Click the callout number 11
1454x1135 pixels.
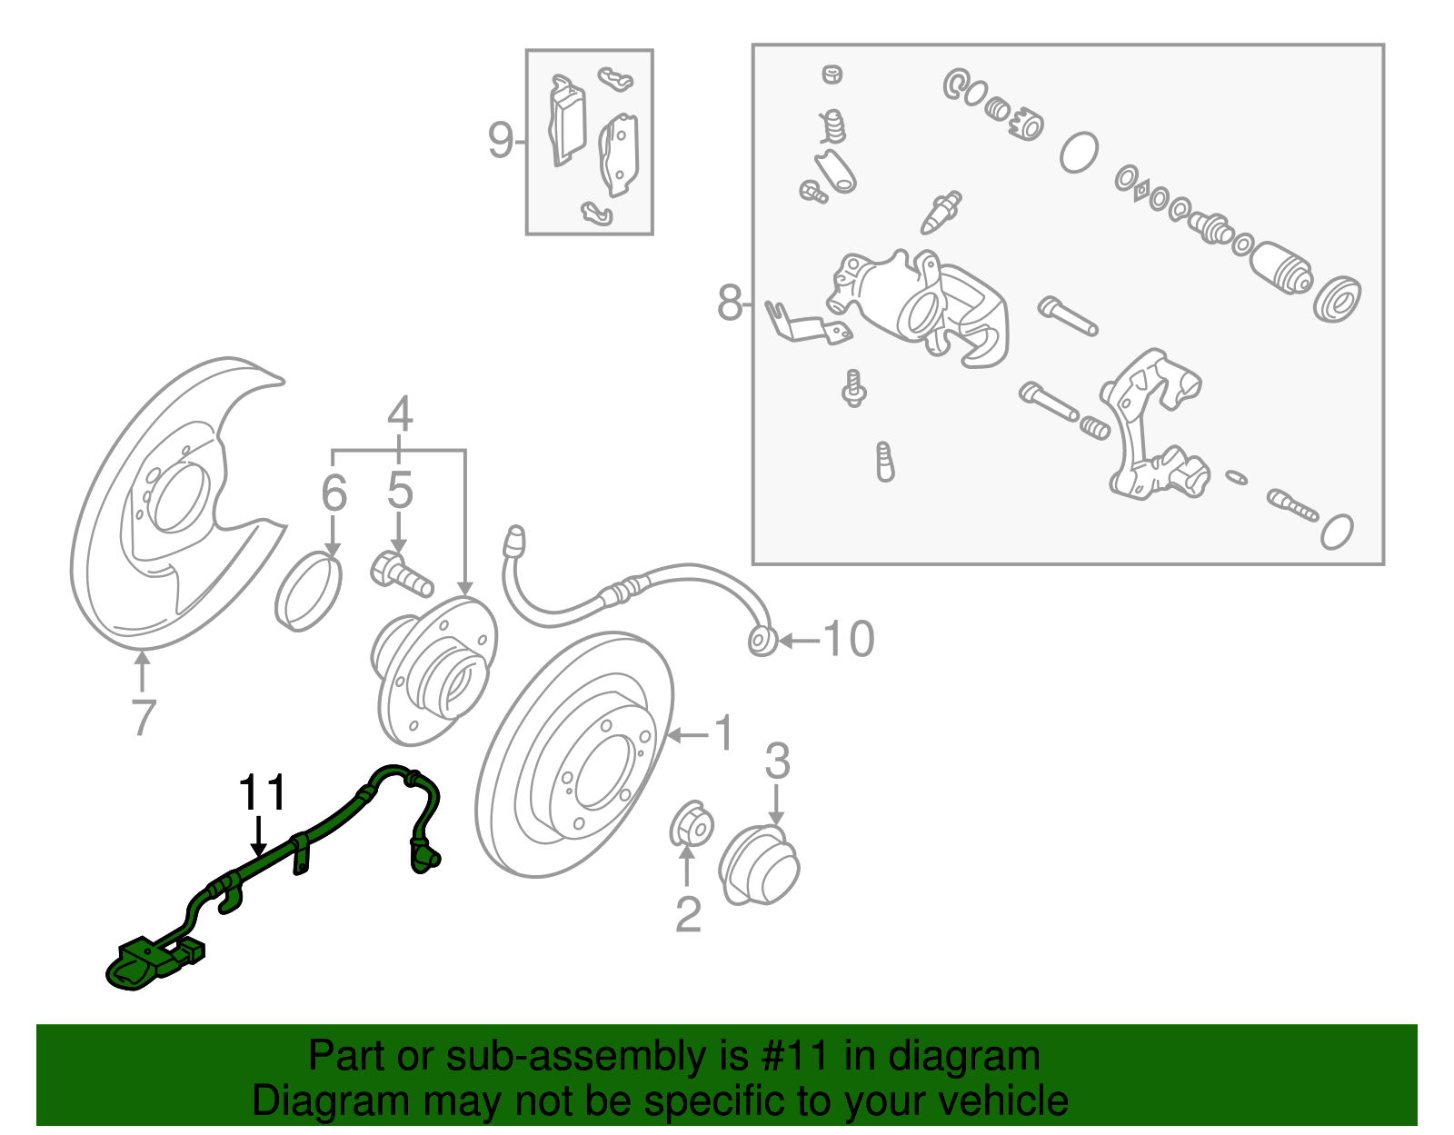tap(262, 792)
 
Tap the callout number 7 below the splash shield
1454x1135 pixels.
tap(143, 717)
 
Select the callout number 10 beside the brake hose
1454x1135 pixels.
tap(849, 640)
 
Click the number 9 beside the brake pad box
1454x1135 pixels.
tap(500, 141)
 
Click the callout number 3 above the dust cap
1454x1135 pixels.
tap(777, 762)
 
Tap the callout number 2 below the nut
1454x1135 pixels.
tap(688, 914)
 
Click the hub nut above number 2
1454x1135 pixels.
tap(691, 825)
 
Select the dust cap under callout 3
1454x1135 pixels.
tap(759, 865)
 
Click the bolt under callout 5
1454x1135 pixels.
tap(402, 573)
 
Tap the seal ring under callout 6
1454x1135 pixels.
tap(308, 590)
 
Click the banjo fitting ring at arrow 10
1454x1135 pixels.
tap(761, 641)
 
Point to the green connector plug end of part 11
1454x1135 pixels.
tap(136, 968)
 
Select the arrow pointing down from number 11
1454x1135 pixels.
tap(260, 836)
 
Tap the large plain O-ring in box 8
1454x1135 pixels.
tap(1079, 152)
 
